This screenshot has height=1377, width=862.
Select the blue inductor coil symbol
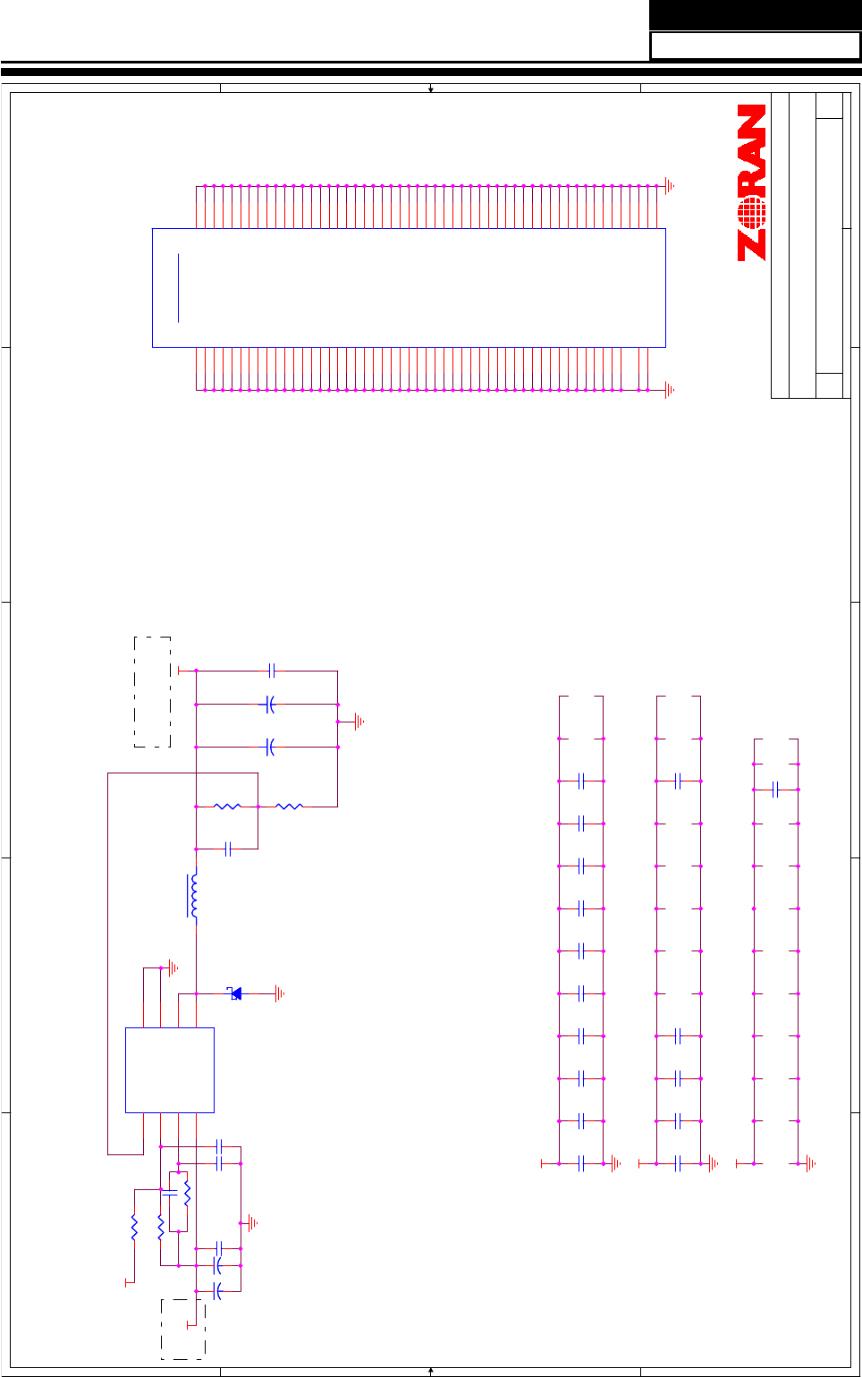click(x=193, y=896)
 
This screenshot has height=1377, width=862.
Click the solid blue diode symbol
click(x=236, y=993)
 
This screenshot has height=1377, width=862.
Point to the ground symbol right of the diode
click(x=281, y=993)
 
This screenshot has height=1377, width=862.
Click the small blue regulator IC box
click(x=169, y=1069)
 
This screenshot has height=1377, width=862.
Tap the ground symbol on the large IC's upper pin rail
click(x=670, y=186)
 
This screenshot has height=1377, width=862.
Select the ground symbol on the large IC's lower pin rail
click(x=670, y=390)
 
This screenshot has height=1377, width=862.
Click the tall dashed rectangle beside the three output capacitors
click(x=152, y=691)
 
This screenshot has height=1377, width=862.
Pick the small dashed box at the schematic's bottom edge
click(x=182, y=1329)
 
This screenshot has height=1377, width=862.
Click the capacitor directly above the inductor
click(x=227, y=849)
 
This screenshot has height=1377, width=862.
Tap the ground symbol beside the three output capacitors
click(x=359, y=722)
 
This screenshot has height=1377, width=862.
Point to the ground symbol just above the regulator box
click(x=173, y=967)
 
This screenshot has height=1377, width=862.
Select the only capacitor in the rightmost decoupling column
click(x=775, y=790)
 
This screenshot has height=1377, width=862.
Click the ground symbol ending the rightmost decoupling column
click(x=810, y=1163)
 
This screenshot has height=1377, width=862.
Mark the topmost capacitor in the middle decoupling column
click(x=679, y=781)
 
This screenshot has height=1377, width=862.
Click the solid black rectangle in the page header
click(x=755, y=15)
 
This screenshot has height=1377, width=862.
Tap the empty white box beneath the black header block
click(x=755, y=46)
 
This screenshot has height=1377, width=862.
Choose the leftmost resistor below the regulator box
click(x=134, y=1227)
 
